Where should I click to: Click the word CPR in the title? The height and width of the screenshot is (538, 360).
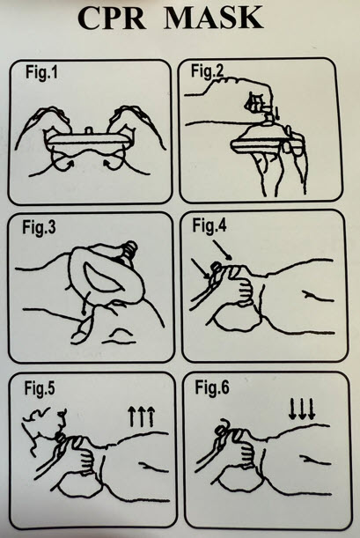coord(112,18)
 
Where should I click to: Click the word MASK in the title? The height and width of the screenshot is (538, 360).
coord(213,18)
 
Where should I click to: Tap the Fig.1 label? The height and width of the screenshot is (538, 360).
coord(41,73)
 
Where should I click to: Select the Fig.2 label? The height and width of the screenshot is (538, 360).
coord(207,71)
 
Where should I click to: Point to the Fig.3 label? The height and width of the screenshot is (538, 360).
coord(39,227)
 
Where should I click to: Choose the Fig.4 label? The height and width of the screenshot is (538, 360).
coord(209,225)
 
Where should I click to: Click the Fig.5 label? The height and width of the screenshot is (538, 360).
coord(40,388)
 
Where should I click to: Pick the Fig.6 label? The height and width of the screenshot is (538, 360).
coord(212,387)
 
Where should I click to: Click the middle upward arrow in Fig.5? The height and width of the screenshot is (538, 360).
coord(141,416)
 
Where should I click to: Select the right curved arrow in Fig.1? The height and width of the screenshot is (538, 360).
coord(113,160)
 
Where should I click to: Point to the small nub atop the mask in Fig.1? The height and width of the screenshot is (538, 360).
coord(89,131)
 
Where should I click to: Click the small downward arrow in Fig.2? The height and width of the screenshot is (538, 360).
coord(277,114)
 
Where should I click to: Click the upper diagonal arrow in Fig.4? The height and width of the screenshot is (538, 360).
coord(223,248)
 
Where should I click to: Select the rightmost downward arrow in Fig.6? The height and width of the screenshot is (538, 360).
coord(312,409)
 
